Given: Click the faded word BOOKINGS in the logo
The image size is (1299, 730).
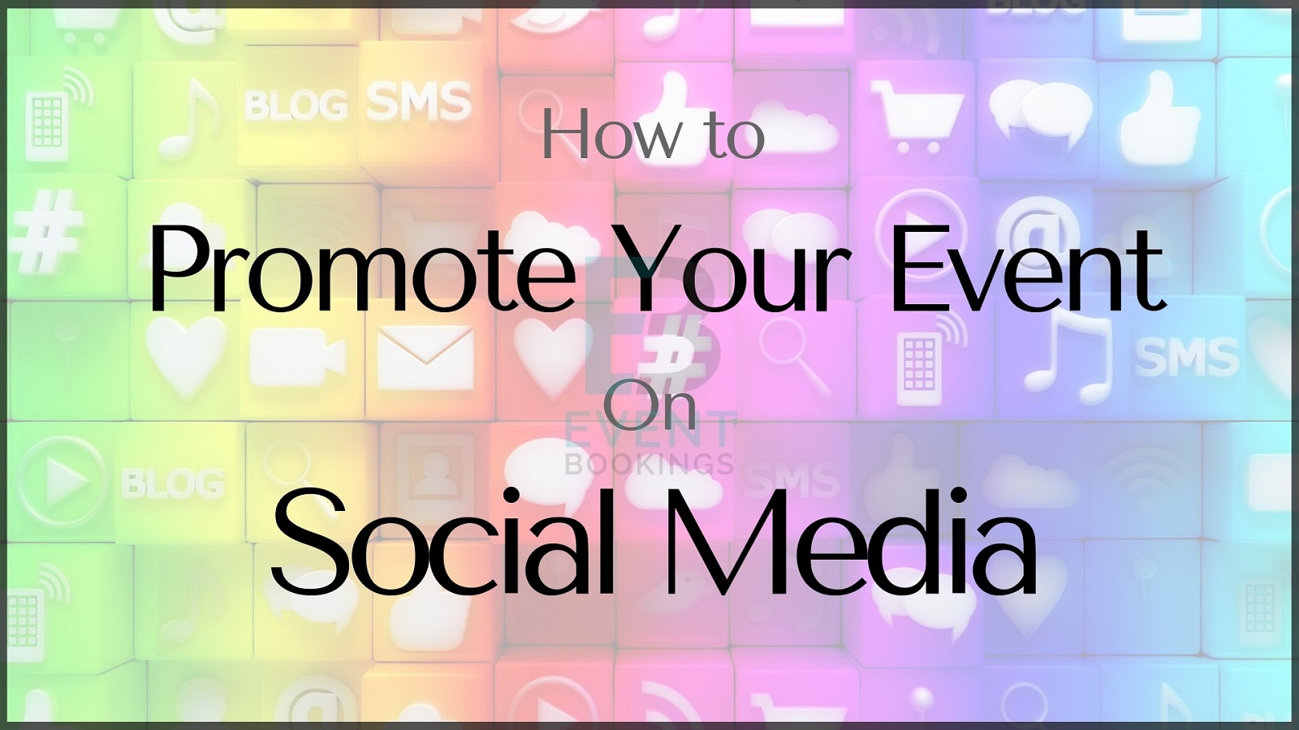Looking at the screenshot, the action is tap(649, 463).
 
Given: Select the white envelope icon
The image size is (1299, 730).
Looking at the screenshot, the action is tap(425, 357).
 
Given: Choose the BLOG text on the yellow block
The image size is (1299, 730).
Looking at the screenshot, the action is tap(296, 105).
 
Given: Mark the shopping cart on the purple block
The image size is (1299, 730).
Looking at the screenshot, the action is tap(917, 116).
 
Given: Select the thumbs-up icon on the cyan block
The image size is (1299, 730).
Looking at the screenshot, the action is tap(1160, 116).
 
